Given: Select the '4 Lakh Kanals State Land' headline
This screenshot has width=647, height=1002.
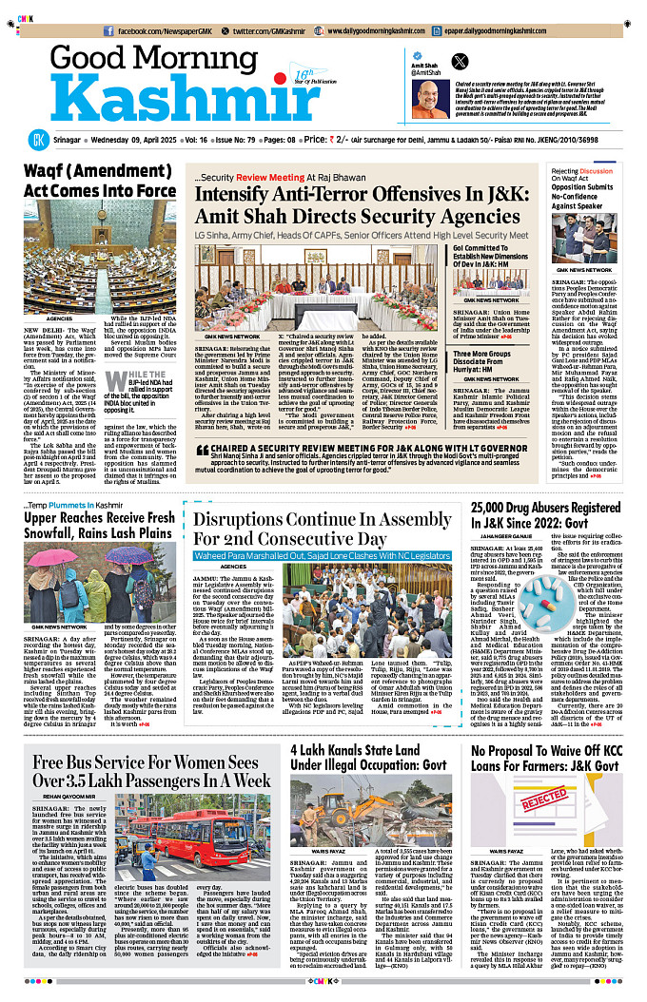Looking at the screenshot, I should tap(370, 763).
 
